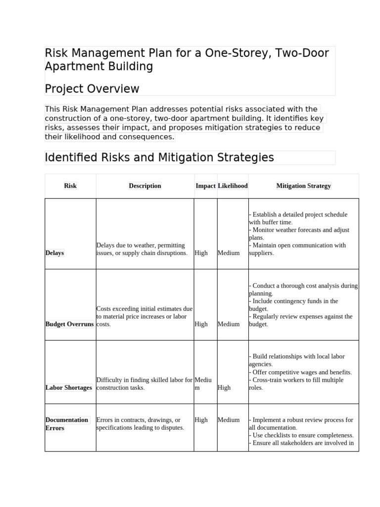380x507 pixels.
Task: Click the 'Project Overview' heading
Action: (x=92, y=89)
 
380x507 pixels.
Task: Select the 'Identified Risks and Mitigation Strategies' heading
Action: (x=159, y=158)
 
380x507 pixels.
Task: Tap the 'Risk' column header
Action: (x=70, y=186)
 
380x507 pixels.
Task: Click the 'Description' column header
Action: (x=145, y=186)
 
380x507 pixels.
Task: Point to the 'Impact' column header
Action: (x=205, y=186)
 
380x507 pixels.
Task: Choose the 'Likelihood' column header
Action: (x=233, y=186)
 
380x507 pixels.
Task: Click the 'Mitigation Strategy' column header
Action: (x=303, y=186)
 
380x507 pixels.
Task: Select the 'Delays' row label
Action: (x=54, y=253)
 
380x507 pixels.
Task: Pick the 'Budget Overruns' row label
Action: (x=69, y=324)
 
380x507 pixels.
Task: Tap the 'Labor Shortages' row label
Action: (x=69, y=388)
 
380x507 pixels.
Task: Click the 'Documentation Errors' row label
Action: (x=66, y=424)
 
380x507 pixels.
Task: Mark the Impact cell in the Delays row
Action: (x=201, y=253)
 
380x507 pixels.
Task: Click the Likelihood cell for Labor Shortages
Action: (x=224, y=388)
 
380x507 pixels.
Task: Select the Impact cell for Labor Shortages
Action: (x=202, y=384)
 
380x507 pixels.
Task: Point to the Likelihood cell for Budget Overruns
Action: (x=228, y=324)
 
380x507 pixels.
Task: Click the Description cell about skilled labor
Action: (x=144, y=384)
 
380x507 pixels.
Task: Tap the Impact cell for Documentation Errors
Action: (x=201, y=420)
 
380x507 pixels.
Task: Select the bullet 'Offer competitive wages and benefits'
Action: (x=302, y=372)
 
